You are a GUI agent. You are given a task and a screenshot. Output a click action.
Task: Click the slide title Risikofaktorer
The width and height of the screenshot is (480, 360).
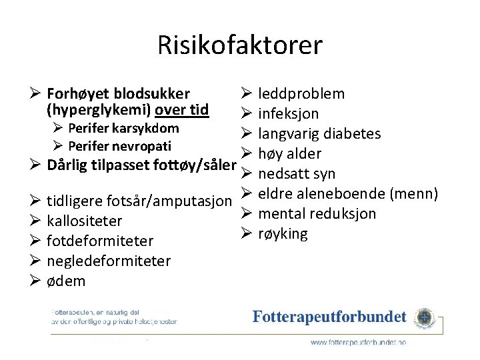240,45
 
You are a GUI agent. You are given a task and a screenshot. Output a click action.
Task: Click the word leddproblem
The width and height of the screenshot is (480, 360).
301,94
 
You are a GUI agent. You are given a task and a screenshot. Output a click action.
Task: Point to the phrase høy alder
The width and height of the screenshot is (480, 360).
289,154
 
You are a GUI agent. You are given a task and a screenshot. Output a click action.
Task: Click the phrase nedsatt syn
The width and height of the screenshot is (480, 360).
297,174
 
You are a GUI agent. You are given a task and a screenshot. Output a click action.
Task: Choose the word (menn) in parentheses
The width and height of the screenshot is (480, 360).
414,194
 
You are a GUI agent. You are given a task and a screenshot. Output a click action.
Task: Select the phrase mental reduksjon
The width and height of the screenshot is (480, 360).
317,214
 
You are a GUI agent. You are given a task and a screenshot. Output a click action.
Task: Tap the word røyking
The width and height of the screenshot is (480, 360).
283,234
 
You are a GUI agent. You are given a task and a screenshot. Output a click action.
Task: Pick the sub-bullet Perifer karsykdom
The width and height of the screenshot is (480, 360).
123,128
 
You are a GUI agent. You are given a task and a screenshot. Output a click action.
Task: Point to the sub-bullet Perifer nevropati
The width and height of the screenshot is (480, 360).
120,146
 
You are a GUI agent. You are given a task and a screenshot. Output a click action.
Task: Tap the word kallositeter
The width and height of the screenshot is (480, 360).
85,221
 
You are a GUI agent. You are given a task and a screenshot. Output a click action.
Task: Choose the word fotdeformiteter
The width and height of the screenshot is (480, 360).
100,241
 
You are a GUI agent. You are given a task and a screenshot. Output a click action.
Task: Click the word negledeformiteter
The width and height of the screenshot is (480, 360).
109,261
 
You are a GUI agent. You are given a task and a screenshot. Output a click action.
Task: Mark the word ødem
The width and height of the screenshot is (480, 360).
66,281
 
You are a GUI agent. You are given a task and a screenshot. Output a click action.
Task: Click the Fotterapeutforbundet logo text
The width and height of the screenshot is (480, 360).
329,317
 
